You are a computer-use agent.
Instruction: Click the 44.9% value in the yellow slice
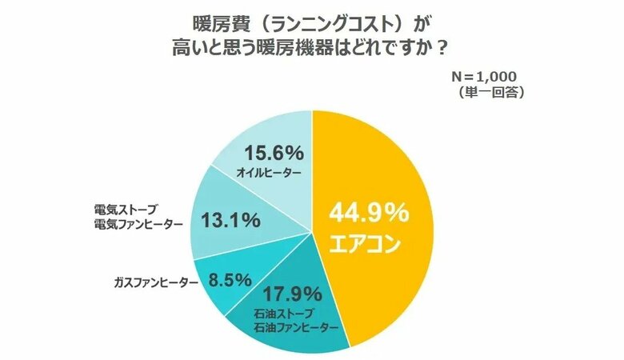368,214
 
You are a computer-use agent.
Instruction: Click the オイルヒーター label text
270,173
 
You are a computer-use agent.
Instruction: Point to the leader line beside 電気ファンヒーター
189,223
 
